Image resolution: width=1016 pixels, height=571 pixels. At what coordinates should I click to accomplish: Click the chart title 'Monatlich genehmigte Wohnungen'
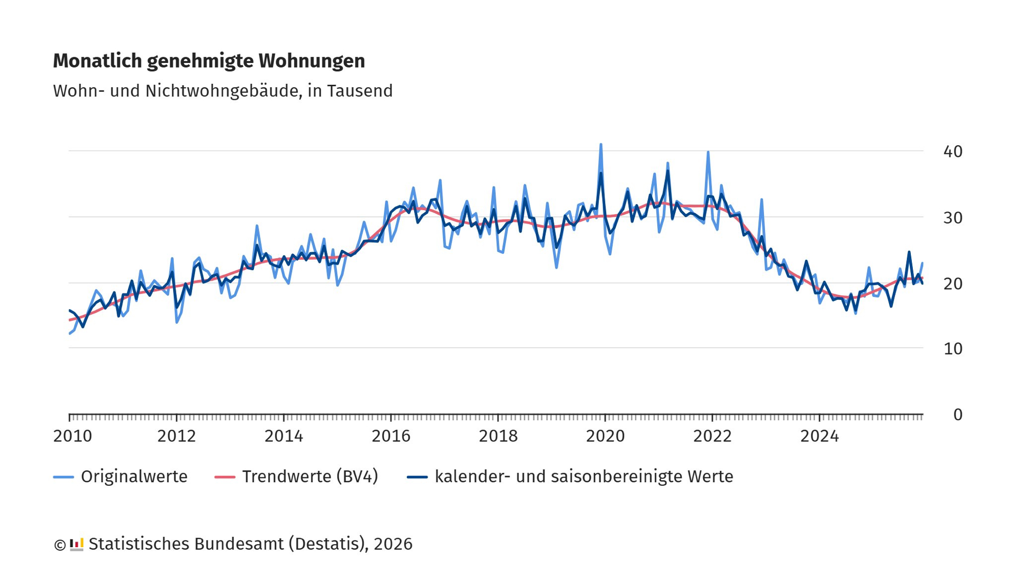click(209, 61)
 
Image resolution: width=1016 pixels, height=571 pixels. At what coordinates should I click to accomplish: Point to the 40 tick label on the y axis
click(952, 151)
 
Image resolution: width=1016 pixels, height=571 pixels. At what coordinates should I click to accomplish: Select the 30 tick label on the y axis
click(952, 218)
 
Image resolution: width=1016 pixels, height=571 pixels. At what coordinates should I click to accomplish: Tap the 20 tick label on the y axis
click(952, 284)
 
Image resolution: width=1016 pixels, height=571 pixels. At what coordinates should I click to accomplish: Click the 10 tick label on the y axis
click(952, 349)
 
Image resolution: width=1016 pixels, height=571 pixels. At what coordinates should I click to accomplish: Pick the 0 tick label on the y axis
click(958, 415)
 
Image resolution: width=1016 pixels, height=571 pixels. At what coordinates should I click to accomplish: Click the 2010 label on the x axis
click(73, 436)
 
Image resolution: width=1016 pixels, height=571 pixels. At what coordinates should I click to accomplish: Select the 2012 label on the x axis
click(176, 436)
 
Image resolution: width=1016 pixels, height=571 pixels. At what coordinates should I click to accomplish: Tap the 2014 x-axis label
click(283, 436)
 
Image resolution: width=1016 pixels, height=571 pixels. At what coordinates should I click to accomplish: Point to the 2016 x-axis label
click(391, 436)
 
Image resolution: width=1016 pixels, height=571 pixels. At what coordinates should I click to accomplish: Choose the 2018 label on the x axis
click(498, 436)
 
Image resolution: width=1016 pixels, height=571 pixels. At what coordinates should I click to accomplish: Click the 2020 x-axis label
click(605, 436)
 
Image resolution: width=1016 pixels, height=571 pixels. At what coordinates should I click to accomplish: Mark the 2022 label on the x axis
click(712, 436)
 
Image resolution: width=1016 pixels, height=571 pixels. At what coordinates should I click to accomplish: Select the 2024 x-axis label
click(819, 436)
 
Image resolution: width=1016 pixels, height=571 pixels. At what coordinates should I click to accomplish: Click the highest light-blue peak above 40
click(600, 145)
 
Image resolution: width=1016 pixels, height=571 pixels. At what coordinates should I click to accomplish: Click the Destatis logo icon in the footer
click(76, 544)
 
